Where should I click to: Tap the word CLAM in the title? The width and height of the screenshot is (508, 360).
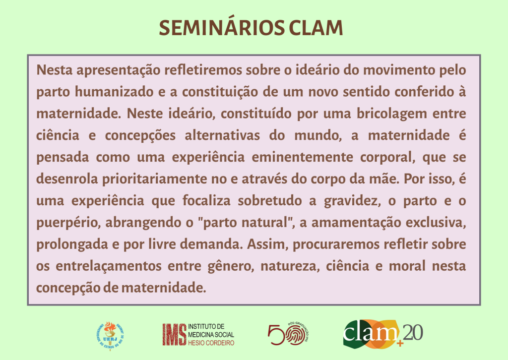point(316,28)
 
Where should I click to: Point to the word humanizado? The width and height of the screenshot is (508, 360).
point(114,92)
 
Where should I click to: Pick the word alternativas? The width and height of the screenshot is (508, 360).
point(222,135)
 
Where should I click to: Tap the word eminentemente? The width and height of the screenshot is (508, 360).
point(302,157)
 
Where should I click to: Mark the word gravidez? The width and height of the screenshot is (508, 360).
point(352,201)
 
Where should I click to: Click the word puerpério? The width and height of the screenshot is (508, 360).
point(68,223)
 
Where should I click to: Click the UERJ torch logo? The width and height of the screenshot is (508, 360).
point(110,335)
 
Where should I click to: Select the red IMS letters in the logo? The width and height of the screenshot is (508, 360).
point(174,335)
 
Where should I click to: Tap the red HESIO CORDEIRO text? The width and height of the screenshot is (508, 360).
point(211,343)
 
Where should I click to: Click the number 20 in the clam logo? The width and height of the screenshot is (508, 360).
point(413,333)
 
